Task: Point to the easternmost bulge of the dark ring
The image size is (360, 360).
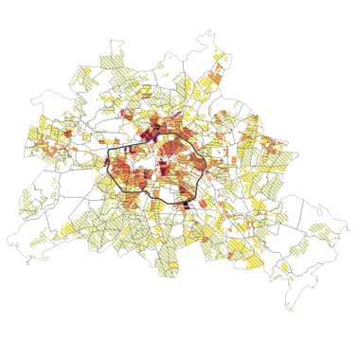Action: pos(206,163)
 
